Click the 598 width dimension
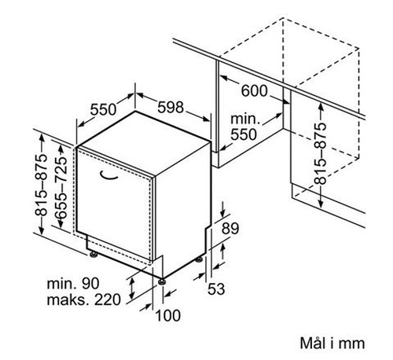click(171, 108)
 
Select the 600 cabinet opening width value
click(254, 91)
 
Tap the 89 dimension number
click(230, 228)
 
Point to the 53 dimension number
click(216, 289)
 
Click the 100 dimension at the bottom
click(168, 315)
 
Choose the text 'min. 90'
click(73, 283)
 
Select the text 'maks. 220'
click(84, 299)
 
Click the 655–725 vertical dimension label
click(61, 188)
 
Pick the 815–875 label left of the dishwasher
click(41, 186)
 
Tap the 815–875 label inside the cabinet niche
click(320, 153)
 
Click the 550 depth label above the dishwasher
click(103, 109)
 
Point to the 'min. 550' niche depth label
click(244, 127)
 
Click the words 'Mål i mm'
click(332, 343)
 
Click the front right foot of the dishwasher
click(162, 281)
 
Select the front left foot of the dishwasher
click(94, 254)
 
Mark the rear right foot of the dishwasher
click(199, 259)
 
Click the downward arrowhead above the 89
click(222, 214)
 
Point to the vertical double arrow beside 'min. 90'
click(132, 288)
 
